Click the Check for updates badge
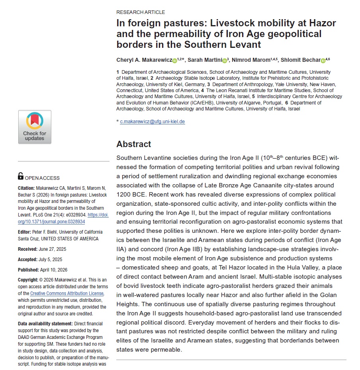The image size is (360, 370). [x=35, y=127]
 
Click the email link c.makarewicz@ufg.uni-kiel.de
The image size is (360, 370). [x=153, y=122]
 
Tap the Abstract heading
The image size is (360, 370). [x=134, y=144]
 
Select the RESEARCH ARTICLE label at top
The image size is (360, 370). [x=141, y=12]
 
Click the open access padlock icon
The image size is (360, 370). [x=21, y=176]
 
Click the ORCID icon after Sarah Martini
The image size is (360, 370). [x=225, y=61]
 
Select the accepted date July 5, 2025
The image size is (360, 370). [x=51, y=259]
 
